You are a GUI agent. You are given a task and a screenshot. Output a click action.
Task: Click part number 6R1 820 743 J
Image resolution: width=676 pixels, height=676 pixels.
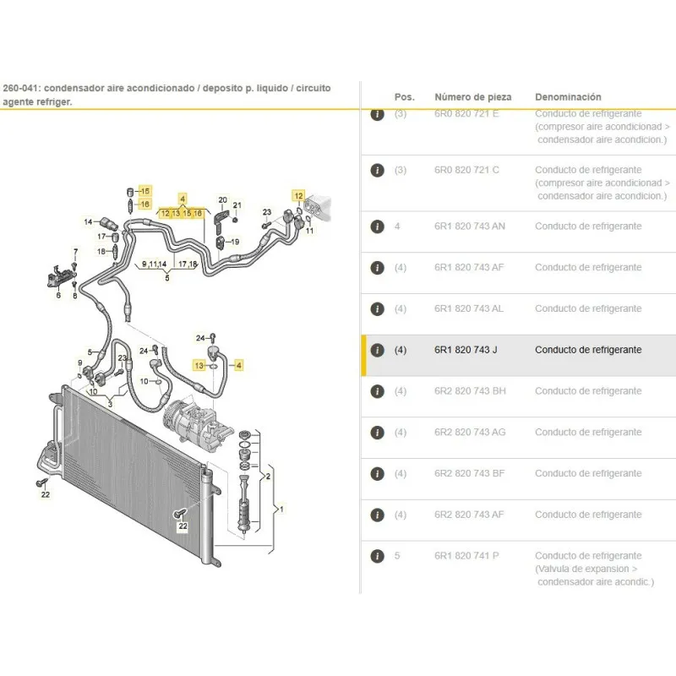tap(466, 350)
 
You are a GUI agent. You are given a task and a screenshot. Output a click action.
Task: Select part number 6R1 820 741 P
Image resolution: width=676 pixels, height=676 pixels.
tap(466, 556)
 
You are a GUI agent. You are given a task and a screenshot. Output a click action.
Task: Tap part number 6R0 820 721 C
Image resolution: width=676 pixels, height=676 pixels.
tap(466, 170)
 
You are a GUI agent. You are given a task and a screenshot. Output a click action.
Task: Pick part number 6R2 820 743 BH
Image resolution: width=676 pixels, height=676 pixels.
tap(470, 391)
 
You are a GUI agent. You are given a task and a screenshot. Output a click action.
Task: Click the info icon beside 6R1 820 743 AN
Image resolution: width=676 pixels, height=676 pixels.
tap(377, 226)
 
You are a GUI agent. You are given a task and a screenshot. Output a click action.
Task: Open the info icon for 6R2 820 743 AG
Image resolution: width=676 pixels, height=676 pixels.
tap(377, 433)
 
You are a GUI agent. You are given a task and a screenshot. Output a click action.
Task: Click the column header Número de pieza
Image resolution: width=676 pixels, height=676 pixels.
tap(472, 97)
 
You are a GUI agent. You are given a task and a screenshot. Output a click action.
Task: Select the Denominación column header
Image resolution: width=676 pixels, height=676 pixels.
tap(568, 97)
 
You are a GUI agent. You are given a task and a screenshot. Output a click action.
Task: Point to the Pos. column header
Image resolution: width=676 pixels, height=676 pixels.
tap(405, 97)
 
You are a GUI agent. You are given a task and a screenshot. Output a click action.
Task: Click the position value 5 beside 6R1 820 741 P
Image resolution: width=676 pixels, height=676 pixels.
tap(398, 556)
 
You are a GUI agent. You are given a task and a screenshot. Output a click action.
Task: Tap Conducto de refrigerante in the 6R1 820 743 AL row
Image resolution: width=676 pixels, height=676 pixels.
tap(588, 308)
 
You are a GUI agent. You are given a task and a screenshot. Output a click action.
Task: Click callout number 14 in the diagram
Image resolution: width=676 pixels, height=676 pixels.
tap(87, 221)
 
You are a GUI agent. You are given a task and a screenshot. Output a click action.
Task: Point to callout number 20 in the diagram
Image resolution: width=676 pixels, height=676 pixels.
tap(223, 200)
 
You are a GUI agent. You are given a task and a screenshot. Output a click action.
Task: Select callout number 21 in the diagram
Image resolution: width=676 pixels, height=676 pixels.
tap(237, 205)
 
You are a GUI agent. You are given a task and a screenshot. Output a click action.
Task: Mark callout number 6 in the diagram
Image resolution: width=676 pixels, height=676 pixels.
tap(58, 295)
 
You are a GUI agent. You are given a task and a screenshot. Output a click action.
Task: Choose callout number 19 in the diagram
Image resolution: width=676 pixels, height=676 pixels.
tap(235, 242)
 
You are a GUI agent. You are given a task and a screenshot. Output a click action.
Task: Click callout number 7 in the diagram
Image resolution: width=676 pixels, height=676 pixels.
tap(74, 253)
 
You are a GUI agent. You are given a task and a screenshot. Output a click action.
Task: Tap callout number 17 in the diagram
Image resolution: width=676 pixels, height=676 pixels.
tap(101, 237)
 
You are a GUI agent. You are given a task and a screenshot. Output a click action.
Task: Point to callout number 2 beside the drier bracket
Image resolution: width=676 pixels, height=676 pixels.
tap(268, 477)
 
